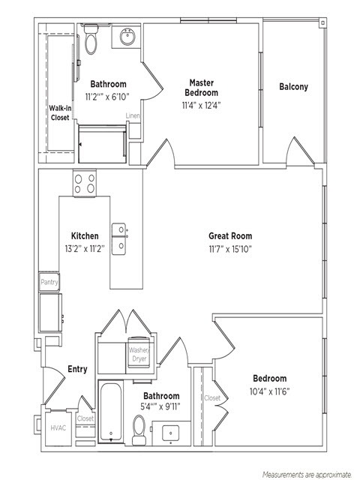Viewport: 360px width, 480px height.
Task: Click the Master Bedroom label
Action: tap(202, 88)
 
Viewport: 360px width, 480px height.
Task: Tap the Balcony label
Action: tap(293, 87)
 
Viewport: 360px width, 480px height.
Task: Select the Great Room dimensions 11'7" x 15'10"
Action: tap(230, 249)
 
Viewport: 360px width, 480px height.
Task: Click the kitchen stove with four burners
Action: tap(85, 183)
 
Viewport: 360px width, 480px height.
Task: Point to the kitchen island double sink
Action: tap(118, 238)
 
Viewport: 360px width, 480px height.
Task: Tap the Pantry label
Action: tap(49, 282)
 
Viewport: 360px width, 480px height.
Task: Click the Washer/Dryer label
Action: tap(139, 354)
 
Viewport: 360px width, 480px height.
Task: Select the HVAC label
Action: tap(58, 427)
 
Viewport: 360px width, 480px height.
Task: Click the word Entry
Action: tap(77, 369)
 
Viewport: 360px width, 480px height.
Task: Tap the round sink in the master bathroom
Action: tap(127, 37)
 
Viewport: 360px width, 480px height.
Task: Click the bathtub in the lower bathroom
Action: tap(110, 411)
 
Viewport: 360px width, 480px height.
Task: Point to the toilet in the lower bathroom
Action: tap(139, 430)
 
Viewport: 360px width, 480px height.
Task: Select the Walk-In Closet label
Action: tap(60, 112)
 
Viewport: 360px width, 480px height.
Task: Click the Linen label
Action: tap(133, 115)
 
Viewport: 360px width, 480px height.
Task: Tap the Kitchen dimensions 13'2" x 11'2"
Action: tap(85, 248)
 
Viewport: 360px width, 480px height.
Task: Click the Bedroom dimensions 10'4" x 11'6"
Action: tap(269, 391)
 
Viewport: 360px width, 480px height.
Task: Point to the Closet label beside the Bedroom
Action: tap(212, 398)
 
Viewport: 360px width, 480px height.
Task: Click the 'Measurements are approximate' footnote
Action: tap(307, 475)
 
